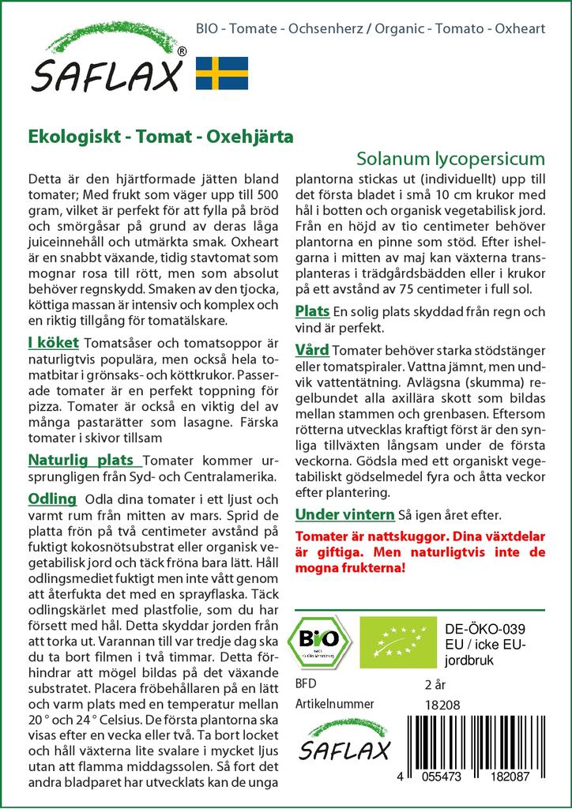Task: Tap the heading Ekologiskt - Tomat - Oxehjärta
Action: (160, 135)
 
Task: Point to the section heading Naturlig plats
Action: (85, 460)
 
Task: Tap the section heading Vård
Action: (312, 349)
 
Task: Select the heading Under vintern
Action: (344, 515)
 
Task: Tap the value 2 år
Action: (435, 684)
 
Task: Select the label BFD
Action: (305, 684)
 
